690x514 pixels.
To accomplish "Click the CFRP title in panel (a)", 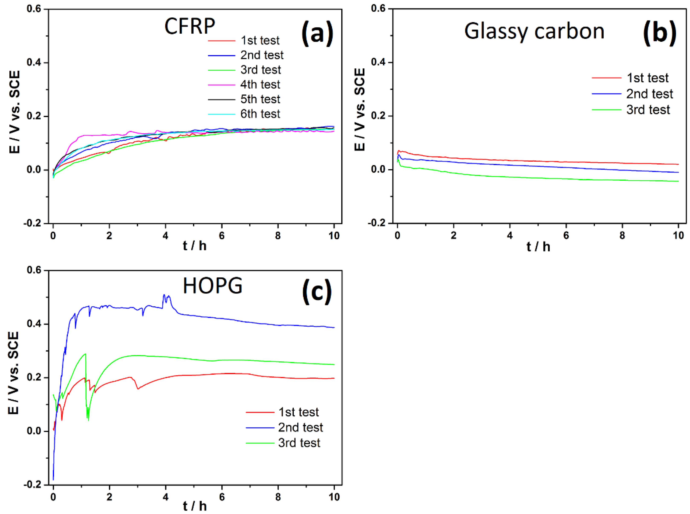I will tap(190, 26).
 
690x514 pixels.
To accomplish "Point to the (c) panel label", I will tap(317, 292).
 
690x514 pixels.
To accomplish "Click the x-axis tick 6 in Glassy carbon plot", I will tap(566, 236).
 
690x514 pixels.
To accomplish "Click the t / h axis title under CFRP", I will tap(195, 246).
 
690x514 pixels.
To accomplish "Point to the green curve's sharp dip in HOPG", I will tap(88, 420).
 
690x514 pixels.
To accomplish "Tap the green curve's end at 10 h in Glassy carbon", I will tap(678, 181).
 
